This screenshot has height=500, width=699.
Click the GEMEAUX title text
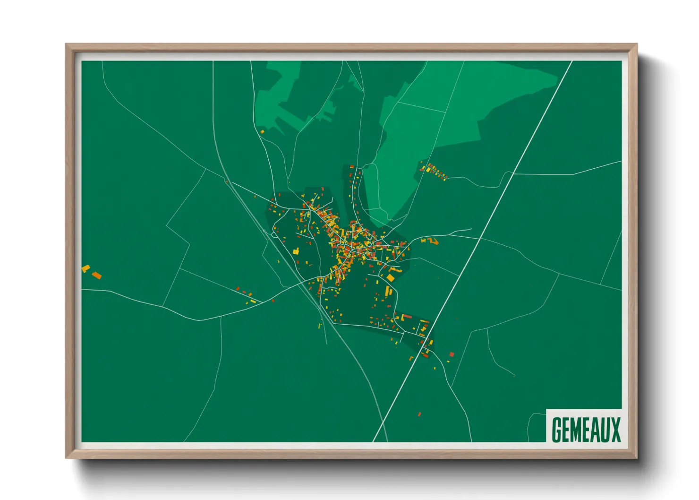point(586,429)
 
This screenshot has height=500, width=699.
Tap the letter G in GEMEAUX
point(557,429)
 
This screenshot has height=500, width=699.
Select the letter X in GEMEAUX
point(615,429)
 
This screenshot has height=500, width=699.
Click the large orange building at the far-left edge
point(96,275)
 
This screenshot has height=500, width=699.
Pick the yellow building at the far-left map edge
point(85,268)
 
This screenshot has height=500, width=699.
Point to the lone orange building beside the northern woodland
point(262,131)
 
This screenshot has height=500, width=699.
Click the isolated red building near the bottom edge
point(419,414)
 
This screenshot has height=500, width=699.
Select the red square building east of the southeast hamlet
point(452,354)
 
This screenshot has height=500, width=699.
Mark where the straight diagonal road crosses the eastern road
point(480,238)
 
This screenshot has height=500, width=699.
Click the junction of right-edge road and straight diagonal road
point(513,174)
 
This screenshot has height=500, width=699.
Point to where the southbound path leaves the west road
point(221,317)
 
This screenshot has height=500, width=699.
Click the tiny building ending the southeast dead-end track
point(514,376)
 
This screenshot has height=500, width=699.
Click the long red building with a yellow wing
point(406,316)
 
